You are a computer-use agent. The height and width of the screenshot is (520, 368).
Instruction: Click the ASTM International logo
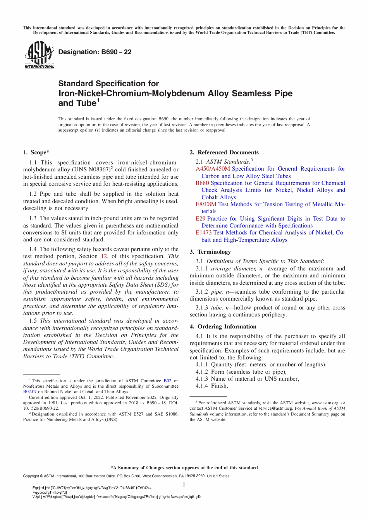[x=39, y=55]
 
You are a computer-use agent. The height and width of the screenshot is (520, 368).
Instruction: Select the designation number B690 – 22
[x=95, y=52]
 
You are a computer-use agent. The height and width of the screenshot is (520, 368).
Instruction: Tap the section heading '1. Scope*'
[x=36, y=152]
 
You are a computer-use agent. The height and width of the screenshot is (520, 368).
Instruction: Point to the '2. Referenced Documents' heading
[x=224, y=152]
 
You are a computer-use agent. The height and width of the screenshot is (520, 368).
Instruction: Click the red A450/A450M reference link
[x=213, y=169]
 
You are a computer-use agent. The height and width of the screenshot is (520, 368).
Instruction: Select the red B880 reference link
[x=202, y=183]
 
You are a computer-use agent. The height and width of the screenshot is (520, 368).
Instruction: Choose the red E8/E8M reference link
[x=206, y=204]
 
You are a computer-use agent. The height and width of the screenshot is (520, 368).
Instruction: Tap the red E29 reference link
[x=200, y=219]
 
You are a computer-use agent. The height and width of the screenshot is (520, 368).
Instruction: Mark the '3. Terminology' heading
[x=210, y=252]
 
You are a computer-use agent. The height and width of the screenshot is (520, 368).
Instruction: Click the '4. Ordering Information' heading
[x=223, y=327]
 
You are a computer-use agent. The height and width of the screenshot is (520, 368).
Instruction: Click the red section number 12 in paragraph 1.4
[x=104, y=257]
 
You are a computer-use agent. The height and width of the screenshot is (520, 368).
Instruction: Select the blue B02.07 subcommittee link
[x=30, y=392]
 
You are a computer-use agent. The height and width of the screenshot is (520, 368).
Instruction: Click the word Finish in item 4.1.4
[x=219, y=386]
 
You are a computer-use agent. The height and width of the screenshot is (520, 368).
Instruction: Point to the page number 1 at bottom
[x=184, y=485]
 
